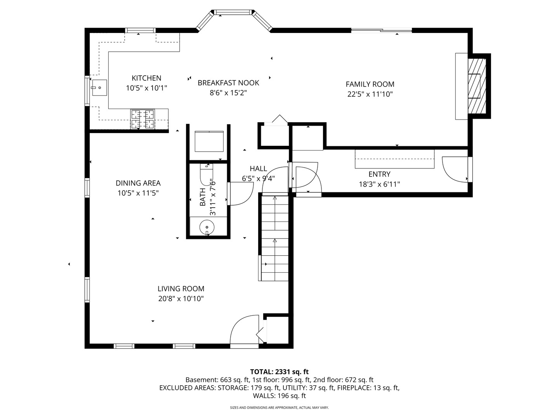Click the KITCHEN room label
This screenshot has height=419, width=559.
tap(146, 78)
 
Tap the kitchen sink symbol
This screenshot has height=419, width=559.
tap(99, 88)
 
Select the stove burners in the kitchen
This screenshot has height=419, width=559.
tap(142, 119)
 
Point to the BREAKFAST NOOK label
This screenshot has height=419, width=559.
tap(228, 83)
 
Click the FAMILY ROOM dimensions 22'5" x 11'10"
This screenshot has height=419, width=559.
tap(370, 94)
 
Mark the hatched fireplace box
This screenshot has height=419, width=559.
tap(477, 86)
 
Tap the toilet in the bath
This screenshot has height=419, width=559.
tap(207, 175)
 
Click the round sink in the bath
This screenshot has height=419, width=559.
tap(207, 227)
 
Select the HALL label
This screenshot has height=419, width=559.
tap(259, 169)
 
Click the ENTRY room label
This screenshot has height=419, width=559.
tap(379, 174)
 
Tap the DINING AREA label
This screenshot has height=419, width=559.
tap(138, 183)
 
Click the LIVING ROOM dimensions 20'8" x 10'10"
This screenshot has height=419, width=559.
tap(181, 298)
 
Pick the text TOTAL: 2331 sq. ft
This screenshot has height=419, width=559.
tap(279, 372)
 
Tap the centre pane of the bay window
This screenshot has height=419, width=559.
tap(233, 12)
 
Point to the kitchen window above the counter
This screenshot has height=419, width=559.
tap(140, 30)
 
